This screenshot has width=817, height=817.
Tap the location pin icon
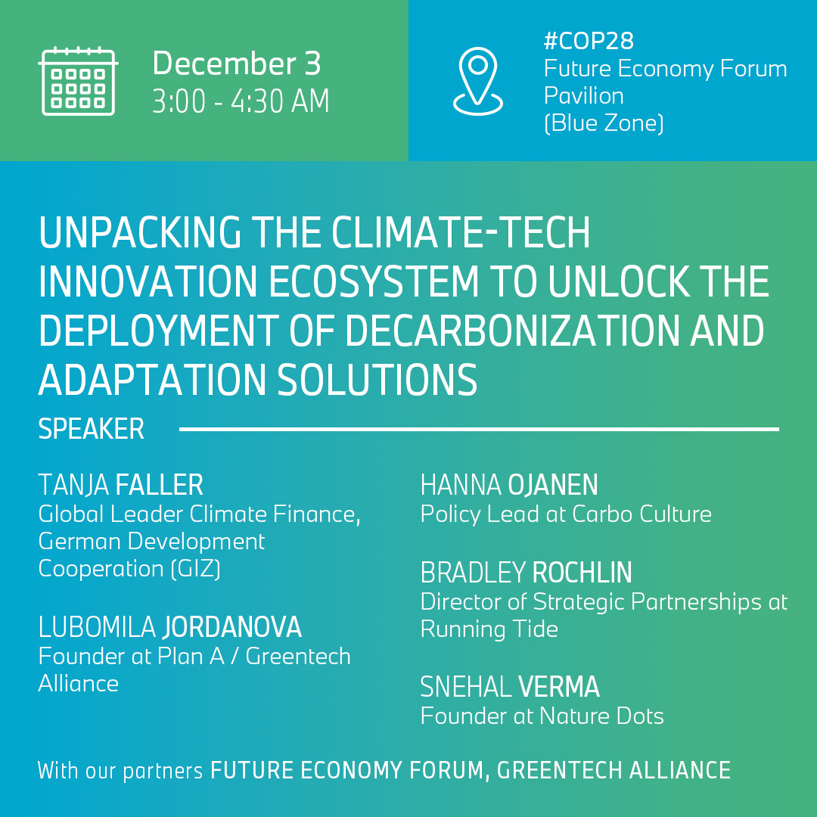477,82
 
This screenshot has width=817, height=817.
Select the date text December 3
236,64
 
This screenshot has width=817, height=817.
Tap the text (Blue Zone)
604,123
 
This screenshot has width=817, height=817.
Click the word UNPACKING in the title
142,234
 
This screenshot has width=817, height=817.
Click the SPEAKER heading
91,430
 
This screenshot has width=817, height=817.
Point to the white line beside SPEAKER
479,430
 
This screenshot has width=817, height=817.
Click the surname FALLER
160,485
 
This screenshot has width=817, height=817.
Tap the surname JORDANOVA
232,627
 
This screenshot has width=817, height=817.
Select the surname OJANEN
553,485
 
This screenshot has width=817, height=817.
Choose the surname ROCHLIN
582,573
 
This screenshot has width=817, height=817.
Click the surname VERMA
558,688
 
